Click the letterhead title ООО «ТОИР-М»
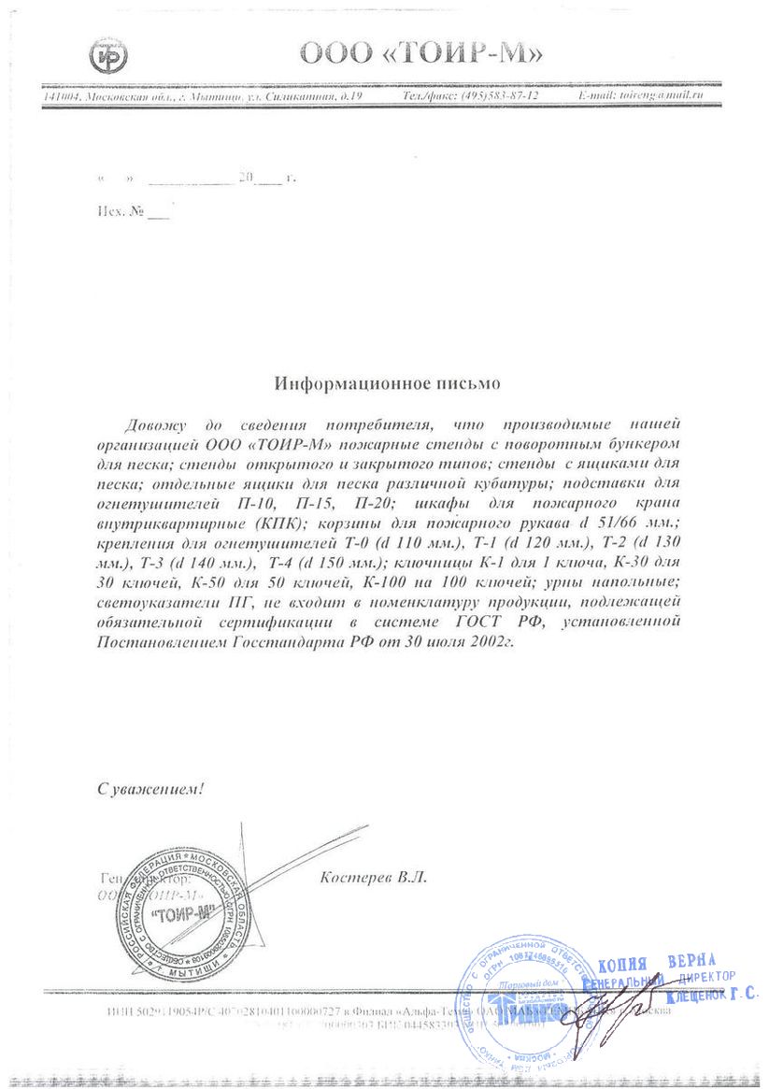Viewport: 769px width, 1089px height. click(420, 53)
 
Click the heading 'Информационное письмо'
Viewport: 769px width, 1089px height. click(387, 384)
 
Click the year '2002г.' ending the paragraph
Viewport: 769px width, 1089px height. click(491, 644)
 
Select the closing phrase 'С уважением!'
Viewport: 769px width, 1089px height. click(150, 789)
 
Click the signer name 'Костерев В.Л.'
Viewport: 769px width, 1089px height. click(372, 878)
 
